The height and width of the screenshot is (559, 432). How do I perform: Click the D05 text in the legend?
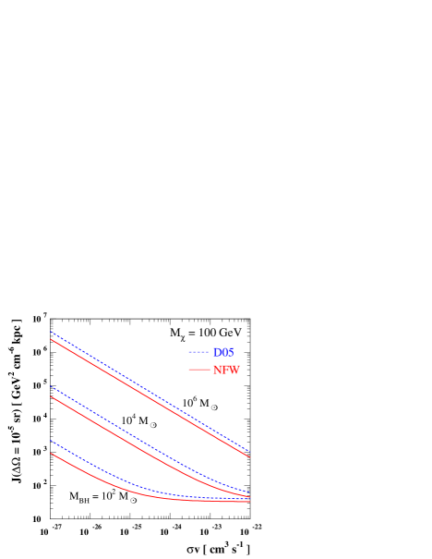[x=223, y=352]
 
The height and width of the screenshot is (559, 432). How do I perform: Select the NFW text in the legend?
[x=226, y=370]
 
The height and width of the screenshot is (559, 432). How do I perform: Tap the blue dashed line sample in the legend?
[x=198, y=352]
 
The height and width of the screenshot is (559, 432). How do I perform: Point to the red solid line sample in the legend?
[x=198, y=370]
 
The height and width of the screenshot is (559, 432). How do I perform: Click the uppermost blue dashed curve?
[x=148, y=389]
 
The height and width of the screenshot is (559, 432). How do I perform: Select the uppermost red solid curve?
[x=148, y=396]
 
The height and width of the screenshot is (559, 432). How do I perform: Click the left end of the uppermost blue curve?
[x=51, y=331]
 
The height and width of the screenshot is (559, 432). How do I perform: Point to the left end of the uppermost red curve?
[x=51, y=339]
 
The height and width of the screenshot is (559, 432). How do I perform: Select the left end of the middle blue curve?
[x=51, y=386]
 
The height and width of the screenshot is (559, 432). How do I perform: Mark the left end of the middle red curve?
[x=51, y=396]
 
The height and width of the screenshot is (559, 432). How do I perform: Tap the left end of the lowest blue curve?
[x=51, y=440]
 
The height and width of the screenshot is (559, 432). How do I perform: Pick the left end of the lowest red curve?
[x=51, y=453]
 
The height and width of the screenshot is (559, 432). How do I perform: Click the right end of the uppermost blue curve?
[x=250, y=451]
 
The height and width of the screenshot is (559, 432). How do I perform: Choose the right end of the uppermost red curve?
[x=250, y=456]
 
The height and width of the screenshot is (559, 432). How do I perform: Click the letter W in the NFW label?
[x=234, y=370]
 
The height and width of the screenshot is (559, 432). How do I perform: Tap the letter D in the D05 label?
[x=217, y=352]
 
